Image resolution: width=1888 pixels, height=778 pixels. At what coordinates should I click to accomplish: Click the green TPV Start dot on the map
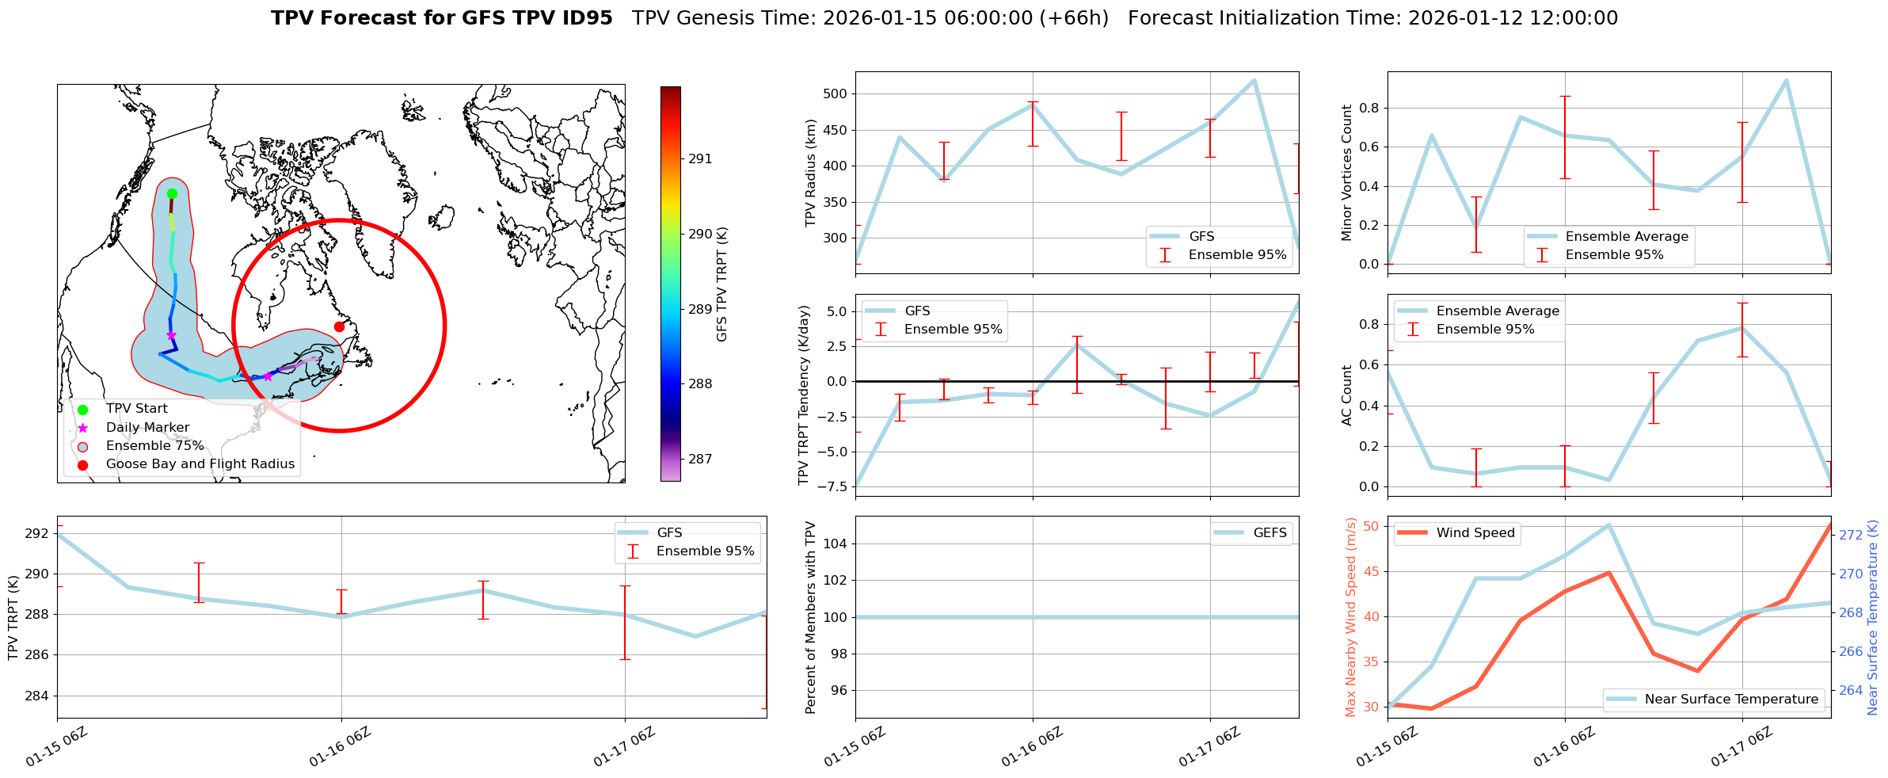pos(172,193)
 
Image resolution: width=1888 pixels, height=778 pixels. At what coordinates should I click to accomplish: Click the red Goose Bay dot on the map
pos(339,326)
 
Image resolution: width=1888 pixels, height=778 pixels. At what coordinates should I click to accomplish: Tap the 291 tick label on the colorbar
pos(700,159)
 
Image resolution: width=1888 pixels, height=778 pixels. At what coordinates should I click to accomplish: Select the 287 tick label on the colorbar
pos(700,460)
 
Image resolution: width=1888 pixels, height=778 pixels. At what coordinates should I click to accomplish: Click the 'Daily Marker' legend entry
pos(147,428)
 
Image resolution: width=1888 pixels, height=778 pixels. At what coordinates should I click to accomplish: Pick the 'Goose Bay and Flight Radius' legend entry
pos(200,464)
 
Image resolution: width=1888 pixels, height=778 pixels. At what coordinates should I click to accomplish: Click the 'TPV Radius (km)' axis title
pos(811,173)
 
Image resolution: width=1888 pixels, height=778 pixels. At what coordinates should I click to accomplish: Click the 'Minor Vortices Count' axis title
pos(1347,173)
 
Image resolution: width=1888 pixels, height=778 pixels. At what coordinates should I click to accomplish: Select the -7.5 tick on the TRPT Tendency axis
pos(833,487)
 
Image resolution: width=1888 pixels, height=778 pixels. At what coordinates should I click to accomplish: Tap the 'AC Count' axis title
pos(1347,395)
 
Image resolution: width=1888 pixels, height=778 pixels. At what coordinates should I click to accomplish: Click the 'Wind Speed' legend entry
pos(1475,533)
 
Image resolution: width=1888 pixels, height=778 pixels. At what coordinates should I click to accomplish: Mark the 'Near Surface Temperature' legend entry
pos(1731,700)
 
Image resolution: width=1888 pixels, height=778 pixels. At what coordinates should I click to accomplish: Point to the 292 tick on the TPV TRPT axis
pos(36,534)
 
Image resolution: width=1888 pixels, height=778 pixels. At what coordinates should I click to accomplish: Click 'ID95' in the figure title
pos(585,18)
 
